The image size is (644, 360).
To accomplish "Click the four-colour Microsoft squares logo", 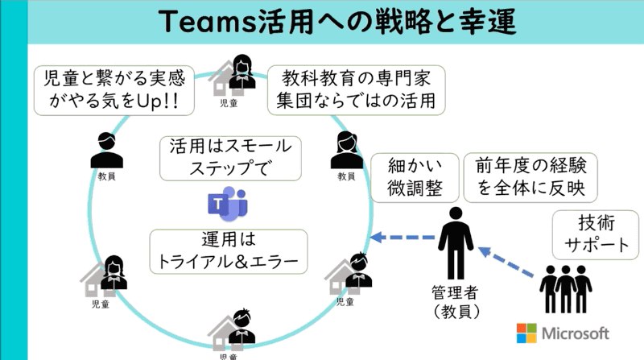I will click(526, 333).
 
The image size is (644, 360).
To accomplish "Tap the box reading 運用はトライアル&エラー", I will click(229, 251).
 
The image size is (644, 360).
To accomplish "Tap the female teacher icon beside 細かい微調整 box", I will click(345, 149).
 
